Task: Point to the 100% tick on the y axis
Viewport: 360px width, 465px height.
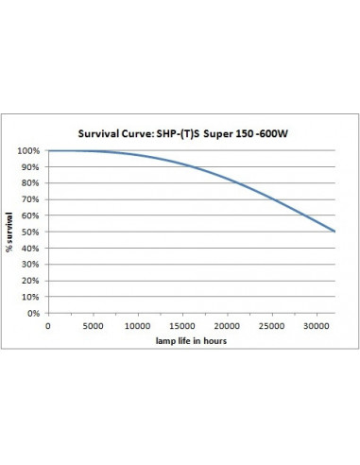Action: (x=29, y=151)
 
